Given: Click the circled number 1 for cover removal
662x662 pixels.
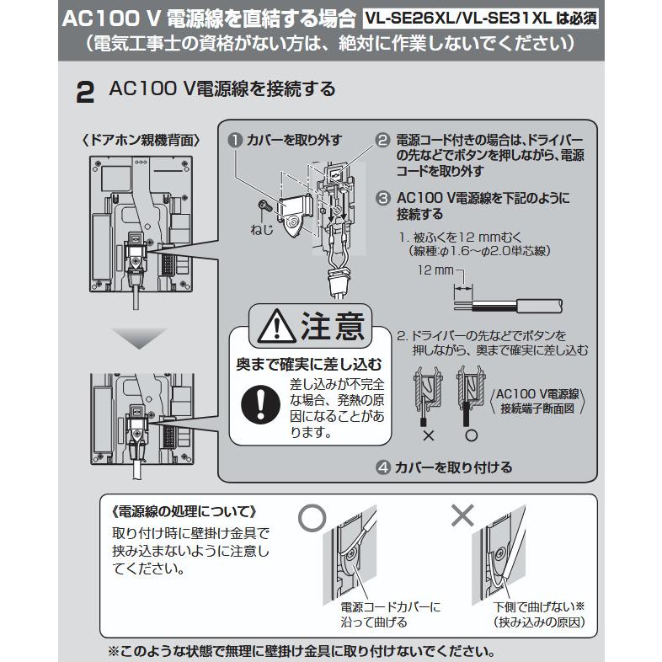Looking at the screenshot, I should [x=234, y=141].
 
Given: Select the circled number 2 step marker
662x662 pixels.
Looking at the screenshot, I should [x=382, y=141].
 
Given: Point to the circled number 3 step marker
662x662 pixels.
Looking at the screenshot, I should [x=382, y=198].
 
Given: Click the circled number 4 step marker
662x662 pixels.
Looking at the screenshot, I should [x=382, y=467].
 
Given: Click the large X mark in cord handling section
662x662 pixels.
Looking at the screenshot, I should [x=462, y=515].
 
